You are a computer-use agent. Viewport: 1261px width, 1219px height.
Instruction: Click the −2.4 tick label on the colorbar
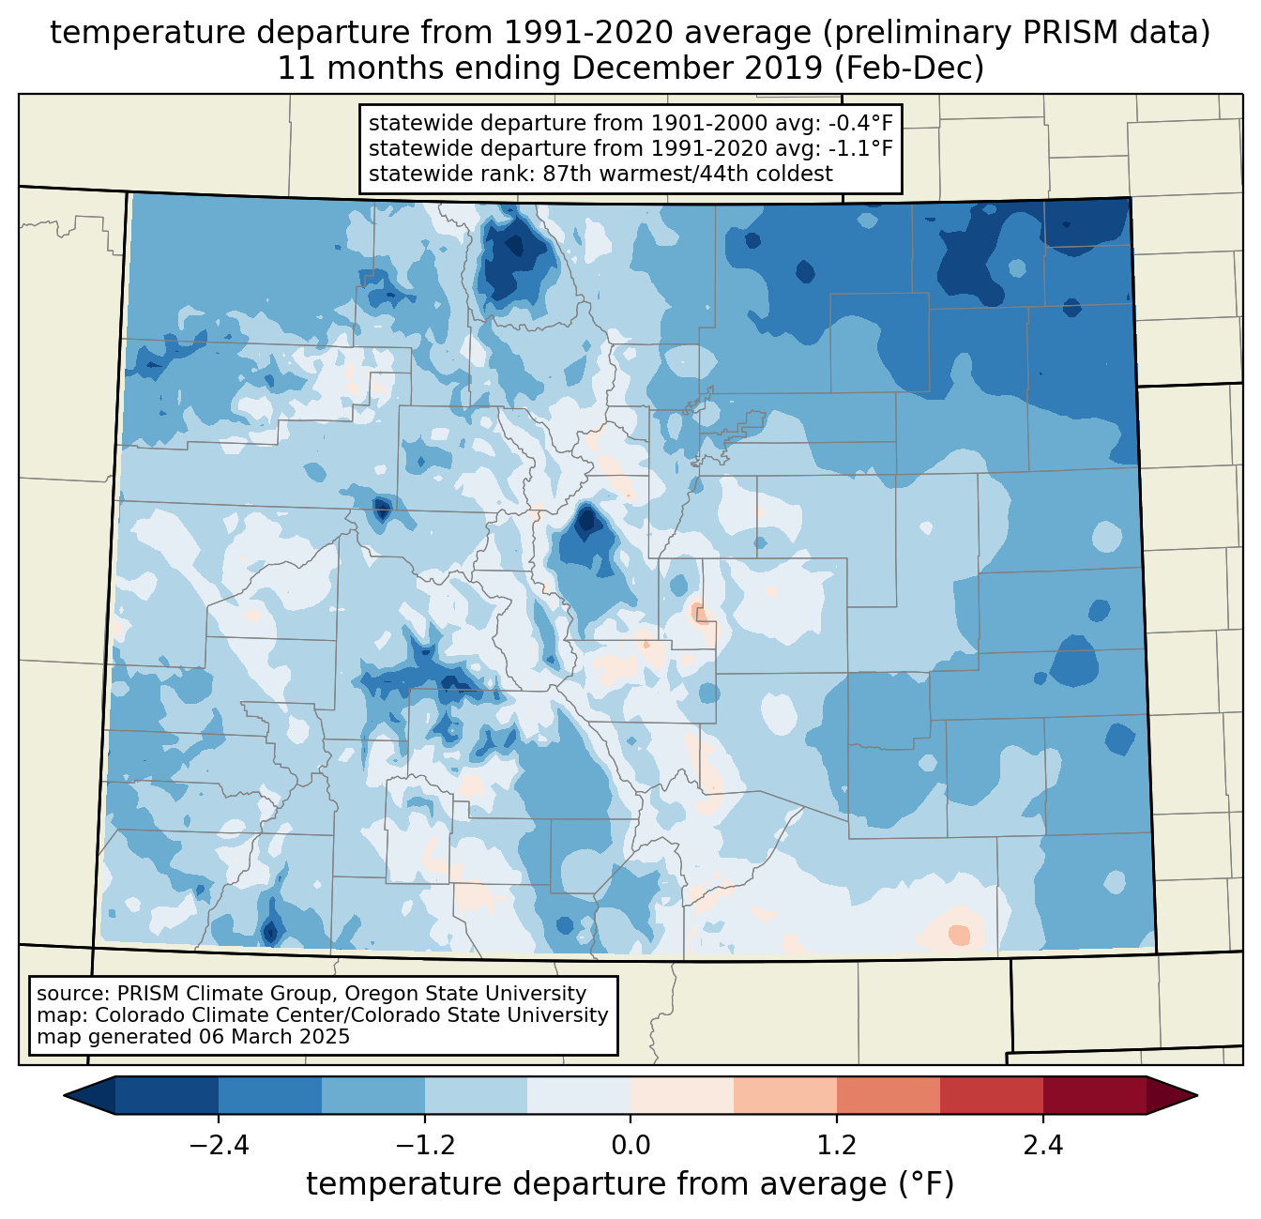pyautogui.click(x=219, y=1146)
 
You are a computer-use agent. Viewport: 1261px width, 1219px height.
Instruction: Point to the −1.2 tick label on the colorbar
pyautogui.click(x=425, y=1146)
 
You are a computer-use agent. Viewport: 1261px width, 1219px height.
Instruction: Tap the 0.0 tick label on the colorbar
pyautogui.click(x=630, y=1146)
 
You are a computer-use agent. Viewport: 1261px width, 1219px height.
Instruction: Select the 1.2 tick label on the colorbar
pyautogui.click(x=837, y=1146)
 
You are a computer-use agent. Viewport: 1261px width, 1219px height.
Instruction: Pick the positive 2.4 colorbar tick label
pyautogui.click(x=1043, y=1146)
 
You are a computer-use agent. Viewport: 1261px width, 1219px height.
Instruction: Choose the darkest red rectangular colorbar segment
pyautogui.click(x=1094, y=1095)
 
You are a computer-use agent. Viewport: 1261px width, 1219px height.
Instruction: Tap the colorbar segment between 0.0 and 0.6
pyautogui.click(x=682, y=1095)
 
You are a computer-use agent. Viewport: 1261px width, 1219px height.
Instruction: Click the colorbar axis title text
pyautogui.click(x=630, y=1184)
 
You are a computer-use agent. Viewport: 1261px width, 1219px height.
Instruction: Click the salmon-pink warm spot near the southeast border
pyautogui.click(x=959, y=935)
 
